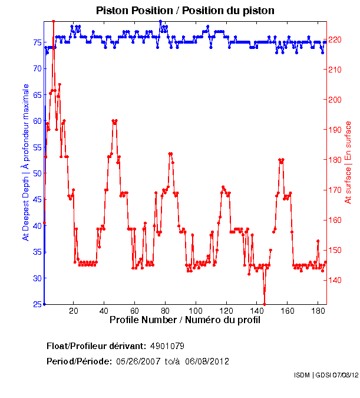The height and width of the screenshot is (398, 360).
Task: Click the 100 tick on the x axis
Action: [x=196, y=310]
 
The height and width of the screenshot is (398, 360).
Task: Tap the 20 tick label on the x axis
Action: [x=74, y=310]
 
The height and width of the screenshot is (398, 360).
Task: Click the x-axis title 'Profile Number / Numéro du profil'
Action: [x=185, y=320]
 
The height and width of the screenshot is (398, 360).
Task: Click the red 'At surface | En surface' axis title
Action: [x=348, y=162]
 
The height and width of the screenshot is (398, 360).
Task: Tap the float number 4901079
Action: [x=168, y=346]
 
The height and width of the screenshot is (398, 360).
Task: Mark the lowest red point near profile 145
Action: [x=265, y=304]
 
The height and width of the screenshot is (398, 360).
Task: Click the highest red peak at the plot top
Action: [x=54, y=21]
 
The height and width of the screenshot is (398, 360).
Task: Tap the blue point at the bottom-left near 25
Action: [x=44, y=304]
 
